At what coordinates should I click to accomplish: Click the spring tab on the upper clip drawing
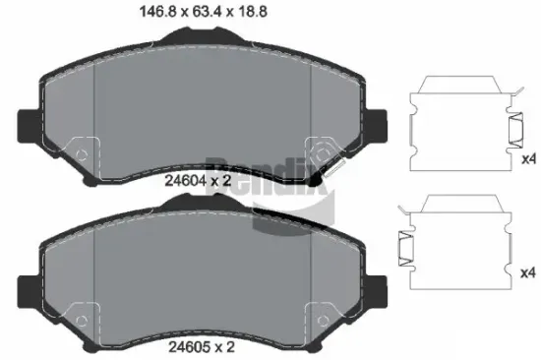(512, 129)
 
